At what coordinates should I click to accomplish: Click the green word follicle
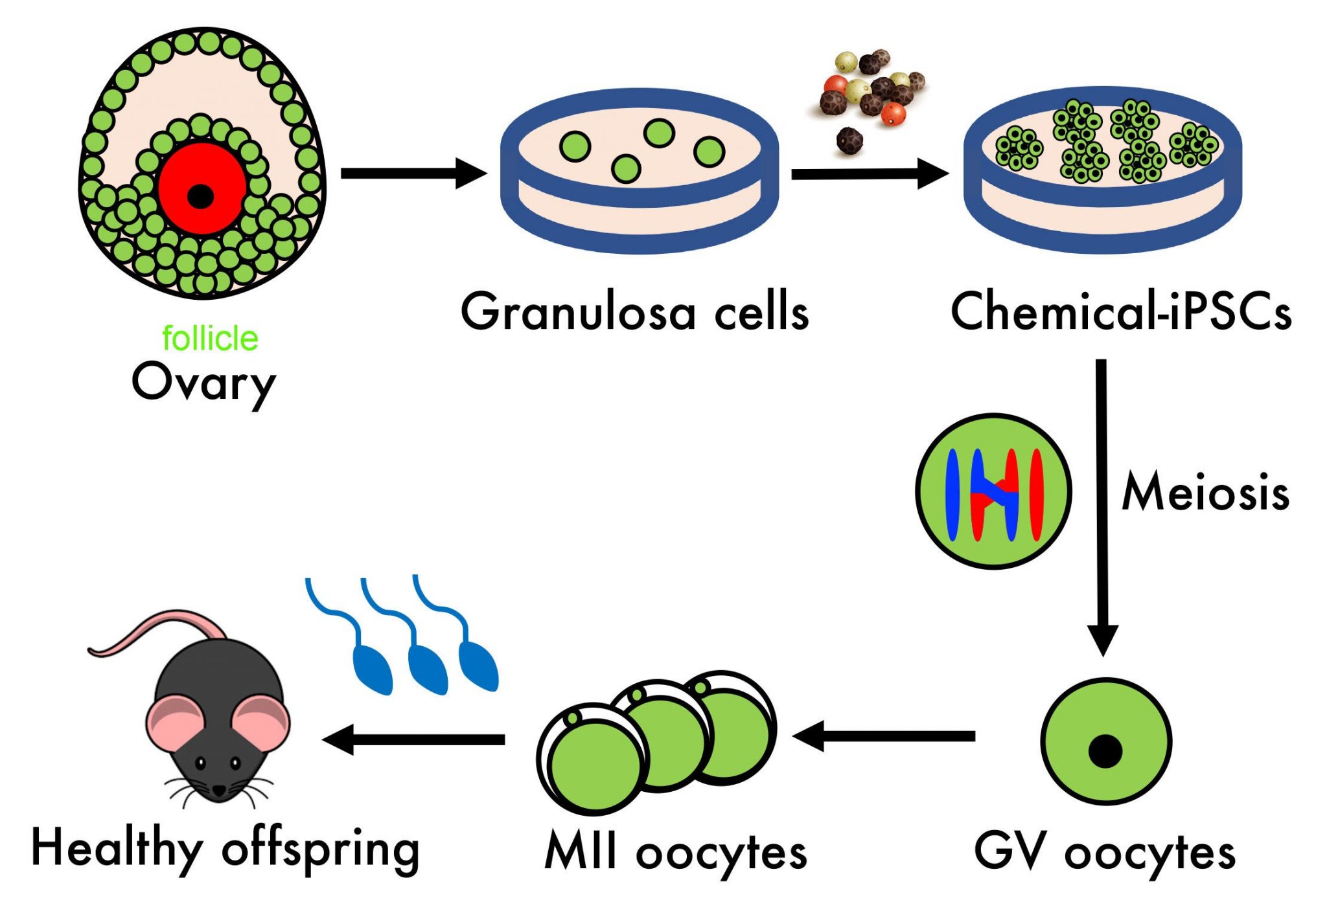[x=209, y=339]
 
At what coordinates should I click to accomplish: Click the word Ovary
[x=203, y=383]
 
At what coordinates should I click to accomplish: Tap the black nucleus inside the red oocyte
[x=200, y=196]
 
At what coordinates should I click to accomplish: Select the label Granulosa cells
[x=634, y=312]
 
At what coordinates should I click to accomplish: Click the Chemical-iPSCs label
[x=1120, y=312]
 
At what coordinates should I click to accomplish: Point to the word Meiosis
[x=1205, y=493]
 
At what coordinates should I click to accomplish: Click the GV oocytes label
[x=1104, y=853]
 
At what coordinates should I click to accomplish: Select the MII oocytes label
[x=676, y=853]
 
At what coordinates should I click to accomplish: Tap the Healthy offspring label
[x=225, y=849]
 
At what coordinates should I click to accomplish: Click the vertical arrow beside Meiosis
[x=1102, y=505]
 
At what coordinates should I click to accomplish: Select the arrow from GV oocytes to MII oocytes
[x=884, y=736]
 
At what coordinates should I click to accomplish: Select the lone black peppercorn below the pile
[x=849, y=140]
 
